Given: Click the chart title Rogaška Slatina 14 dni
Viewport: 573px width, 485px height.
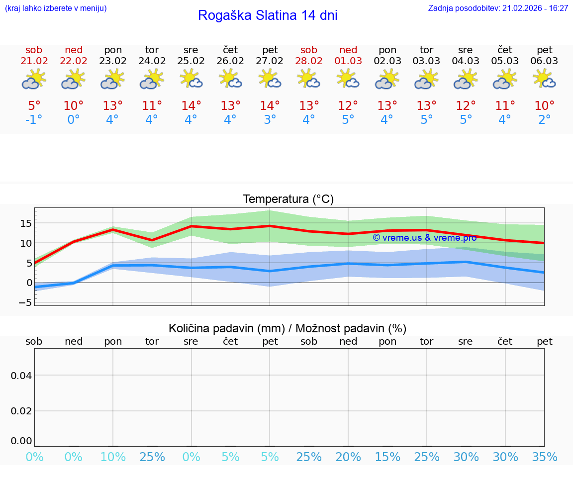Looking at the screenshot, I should tap(268, 15).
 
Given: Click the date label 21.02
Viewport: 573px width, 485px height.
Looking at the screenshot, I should tap(34, 61).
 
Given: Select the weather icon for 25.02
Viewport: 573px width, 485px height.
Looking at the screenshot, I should tap(191, 79).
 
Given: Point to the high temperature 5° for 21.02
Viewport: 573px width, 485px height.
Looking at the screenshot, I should tap(34, 106).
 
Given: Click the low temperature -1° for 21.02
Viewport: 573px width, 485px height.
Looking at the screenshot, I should tap(34, 120).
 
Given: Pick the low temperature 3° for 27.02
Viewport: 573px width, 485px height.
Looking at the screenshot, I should tap(270, 120).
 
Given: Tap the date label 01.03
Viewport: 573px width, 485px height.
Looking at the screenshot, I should tap(348, 61).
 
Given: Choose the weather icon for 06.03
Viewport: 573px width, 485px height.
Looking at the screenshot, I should tap(544, 79).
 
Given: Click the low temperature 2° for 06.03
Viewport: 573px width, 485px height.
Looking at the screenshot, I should tap(544, 120).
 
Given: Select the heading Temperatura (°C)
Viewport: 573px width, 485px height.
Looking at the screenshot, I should tap(288, 199).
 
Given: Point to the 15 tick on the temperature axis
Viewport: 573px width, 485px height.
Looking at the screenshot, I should tap(26, 223).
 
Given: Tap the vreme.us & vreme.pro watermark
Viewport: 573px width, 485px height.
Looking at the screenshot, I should tap(424, 238).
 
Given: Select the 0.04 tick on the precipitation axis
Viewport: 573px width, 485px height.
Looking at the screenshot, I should tap(21, 375).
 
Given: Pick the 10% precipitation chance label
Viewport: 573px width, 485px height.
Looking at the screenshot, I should tap(113, 457).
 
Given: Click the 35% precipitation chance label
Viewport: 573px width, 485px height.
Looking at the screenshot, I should tap(544, 457).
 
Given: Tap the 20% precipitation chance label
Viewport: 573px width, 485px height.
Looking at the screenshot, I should tap(348, 457).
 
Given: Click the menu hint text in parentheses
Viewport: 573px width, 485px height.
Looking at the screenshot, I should tap(56, 8).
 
